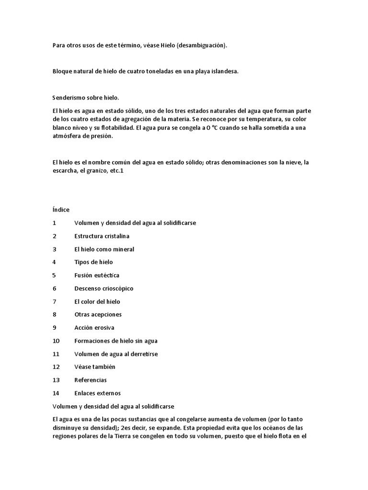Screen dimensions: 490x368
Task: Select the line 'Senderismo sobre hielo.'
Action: [85, 98]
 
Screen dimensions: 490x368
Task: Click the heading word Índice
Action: [61, 210]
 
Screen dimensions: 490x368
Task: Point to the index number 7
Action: [55, 301]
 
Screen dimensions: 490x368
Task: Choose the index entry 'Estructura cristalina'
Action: [102, 236]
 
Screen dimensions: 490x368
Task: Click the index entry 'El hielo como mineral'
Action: [104, 249]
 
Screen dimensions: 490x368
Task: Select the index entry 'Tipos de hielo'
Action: [93, 262]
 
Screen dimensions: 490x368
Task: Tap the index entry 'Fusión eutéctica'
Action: [97, 275]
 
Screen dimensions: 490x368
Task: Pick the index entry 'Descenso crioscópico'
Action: [104, 289]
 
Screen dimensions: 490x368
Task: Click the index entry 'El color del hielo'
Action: [97, 301]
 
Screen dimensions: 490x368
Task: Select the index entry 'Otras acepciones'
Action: [98, 314]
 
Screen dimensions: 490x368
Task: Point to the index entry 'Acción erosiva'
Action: [94, 328]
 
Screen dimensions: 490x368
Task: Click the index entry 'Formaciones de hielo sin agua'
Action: [116, 341]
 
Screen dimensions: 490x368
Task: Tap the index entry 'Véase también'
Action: [95, 367]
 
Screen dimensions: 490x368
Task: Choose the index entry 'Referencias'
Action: [91, 380]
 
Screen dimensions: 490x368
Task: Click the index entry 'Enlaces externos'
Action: [98, 393]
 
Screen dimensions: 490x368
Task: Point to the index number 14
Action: [56, 393]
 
